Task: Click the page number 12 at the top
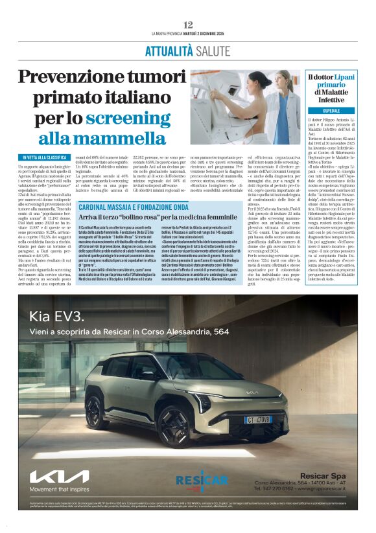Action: pyautogui.click(x=188, y=24)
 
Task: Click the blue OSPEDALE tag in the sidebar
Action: pyautogui.click(x=336, y=111)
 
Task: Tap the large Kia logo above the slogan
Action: pyautogui.click(x=59, y=477)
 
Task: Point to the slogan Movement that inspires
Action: pyautogui.click(x=59, y=490)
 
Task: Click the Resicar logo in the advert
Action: pyautogui.click(x=202, y=479)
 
